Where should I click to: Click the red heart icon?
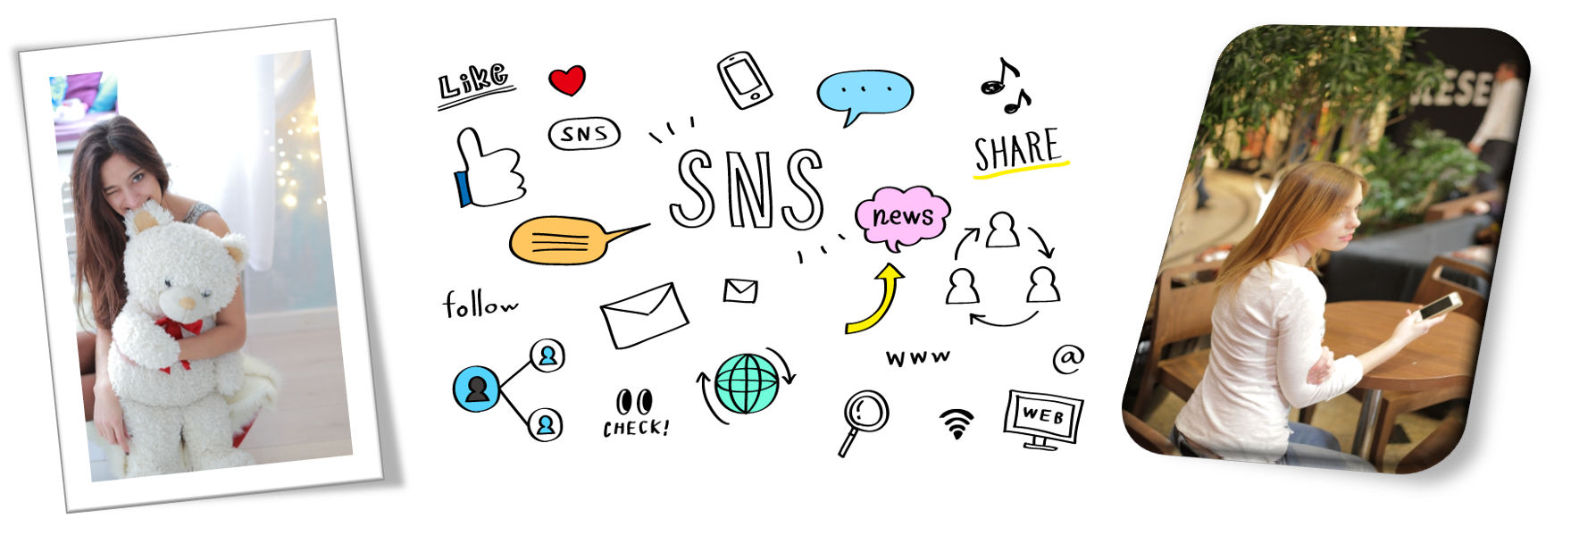567,80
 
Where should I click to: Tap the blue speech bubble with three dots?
865,92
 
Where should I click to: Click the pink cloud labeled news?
902,216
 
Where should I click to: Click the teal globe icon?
747,384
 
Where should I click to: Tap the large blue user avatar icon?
476,389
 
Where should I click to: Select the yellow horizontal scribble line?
1022,169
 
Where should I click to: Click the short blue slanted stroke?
464,188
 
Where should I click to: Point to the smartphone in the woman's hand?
1439,306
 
